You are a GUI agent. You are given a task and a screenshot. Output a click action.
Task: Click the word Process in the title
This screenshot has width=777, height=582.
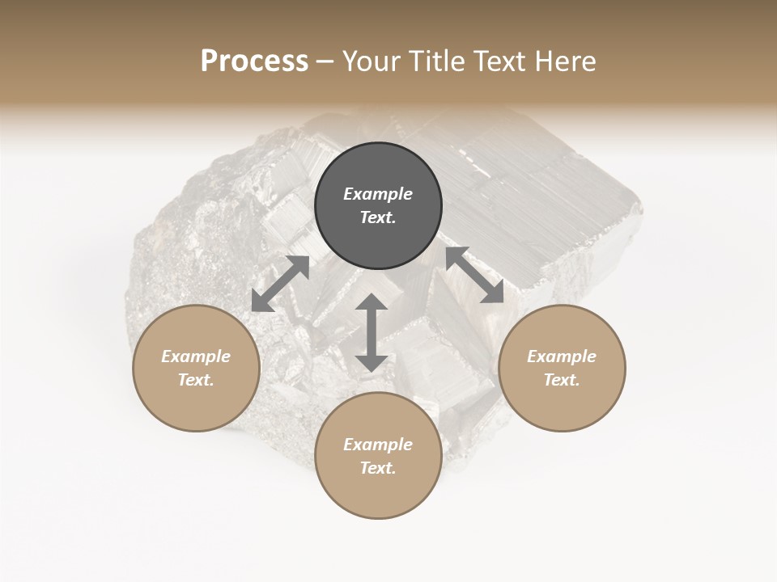(254, 61)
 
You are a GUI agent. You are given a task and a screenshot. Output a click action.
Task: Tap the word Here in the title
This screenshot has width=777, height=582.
(563, 61)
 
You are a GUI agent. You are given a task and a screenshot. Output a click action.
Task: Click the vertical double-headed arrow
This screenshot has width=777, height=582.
(371, 332)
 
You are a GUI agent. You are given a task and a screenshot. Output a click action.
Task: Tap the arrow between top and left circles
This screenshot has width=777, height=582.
(280, 284)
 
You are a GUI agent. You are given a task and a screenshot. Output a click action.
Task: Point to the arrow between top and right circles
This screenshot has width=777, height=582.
(475, 276)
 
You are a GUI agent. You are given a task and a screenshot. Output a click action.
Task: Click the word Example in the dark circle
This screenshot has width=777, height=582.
(378, 194)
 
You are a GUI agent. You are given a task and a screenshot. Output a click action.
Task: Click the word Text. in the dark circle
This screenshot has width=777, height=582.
(378, 217)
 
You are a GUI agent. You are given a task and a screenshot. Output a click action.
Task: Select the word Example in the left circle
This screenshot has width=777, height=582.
(196, 356)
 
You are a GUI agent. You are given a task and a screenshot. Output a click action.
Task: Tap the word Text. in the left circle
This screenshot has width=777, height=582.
(196, 380)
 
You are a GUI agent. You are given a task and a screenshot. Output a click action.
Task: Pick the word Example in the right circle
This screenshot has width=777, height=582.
(562, 356)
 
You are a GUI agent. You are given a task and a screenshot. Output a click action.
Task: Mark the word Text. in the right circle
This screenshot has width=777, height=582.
(562, 380)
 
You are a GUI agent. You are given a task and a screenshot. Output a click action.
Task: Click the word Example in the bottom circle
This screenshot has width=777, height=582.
(378, 445)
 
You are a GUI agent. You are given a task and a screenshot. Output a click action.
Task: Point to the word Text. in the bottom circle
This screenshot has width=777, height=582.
(378, 468)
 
